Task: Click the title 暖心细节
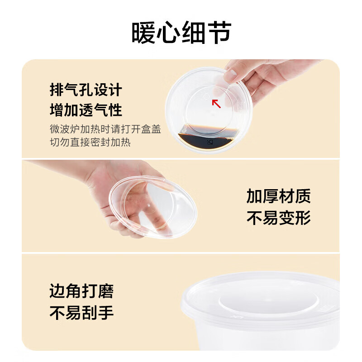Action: tap(181, 33)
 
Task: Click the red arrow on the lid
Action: tap(217, 104)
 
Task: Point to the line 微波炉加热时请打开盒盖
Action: tap(105, 129)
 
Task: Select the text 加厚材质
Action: tap(278, 196)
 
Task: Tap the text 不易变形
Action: tap(278, 218)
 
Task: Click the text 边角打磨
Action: tap(81, 291)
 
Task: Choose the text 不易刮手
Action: tap(81, 313)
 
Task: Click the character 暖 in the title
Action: tap(144, 33)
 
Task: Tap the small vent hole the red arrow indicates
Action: tap(207, 96)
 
